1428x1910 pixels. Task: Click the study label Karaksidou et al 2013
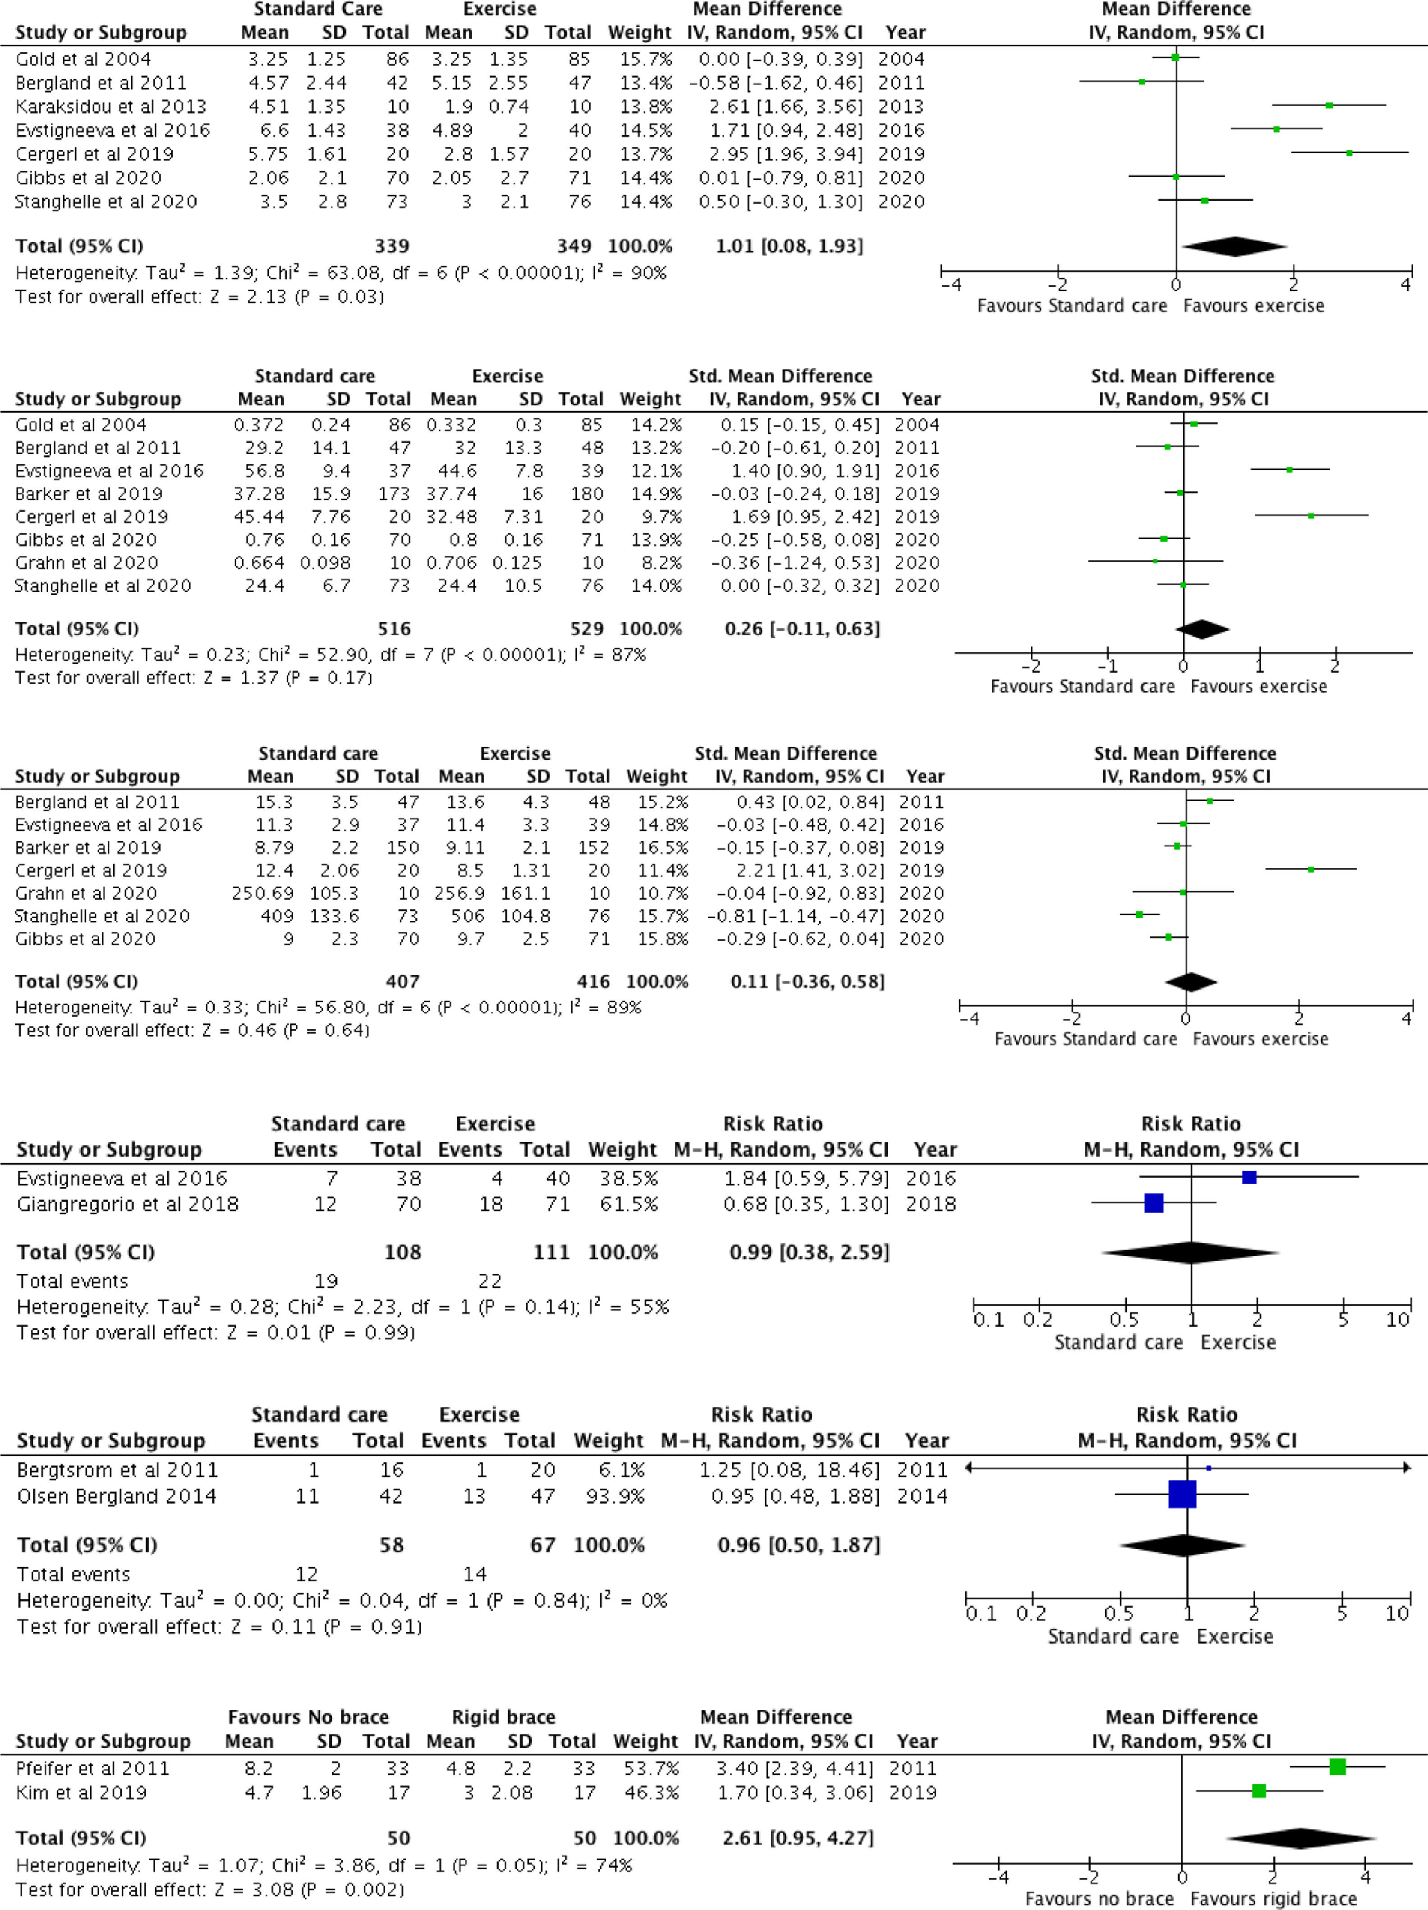coord(110,106)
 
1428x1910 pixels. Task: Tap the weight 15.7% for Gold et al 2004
coord(645,59)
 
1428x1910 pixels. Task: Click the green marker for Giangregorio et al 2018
coord(1153,1203)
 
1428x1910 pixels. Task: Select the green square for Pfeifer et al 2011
coord(1337,1767)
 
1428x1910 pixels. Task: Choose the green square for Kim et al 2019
coord(1259,1791)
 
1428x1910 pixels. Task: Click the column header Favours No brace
coord(308,1717)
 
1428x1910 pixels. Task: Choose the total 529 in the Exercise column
coord(580,629)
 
